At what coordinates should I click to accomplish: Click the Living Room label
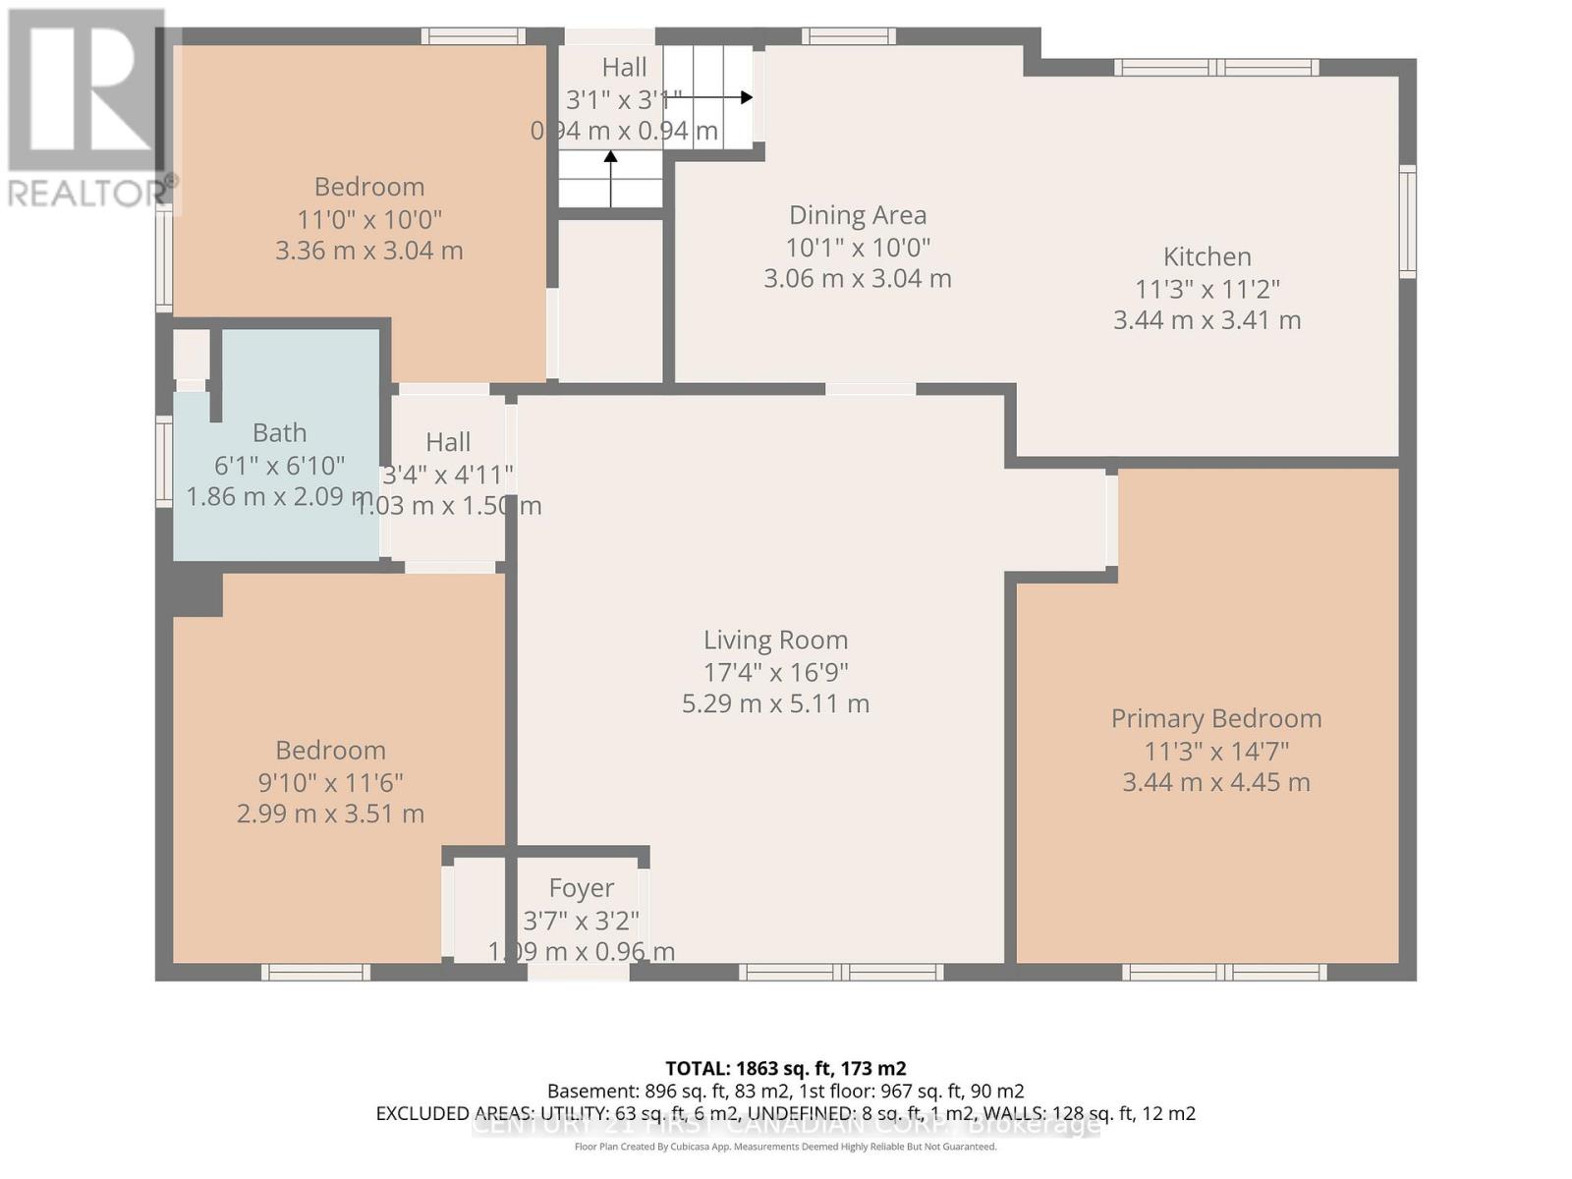point(775,641)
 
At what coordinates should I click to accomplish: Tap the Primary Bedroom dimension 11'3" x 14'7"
point(1216,752)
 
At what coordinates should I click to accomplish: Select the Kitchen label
point(1207,257)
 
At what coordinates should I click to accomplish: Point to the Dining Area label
point(858,215)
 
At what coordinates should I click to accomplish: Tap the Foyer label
point(581,888)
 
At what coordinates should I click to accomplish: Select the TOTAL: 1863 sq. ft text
point(785,1069)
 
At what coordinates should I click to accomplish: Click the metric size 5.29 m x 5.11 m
point(775,704)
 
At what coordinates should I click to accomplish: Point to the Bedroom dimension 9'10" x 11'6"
point(330,783)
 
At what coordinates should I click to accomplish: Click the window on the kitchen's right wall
point(1408,221)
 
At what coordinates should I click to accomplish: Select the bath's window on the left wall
point(164,462)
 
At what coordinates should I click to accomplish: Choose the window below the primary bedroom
point(1224,973)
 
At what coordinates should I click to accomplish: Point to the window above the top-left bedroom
point(473,36)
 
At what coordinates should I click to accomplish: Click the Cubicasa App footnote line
point(785,1148)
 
